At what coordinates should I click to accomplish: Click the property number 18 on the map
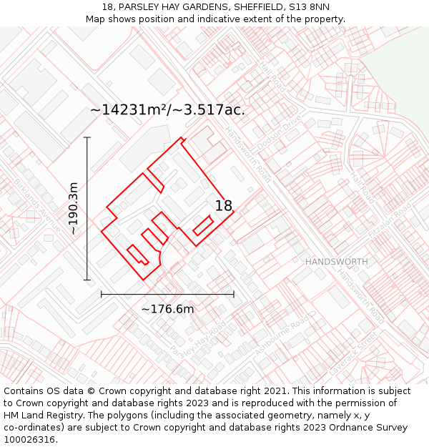224,206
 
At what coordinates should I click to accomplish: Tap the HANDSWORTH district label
337,262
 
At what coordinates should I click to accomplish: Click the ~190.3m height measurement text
73,209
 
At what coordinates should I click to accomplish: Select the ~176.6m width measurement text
167,309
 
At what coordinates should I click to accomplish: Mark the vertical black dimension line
87,208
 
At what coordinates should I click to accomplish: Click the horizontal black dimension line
167,293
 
